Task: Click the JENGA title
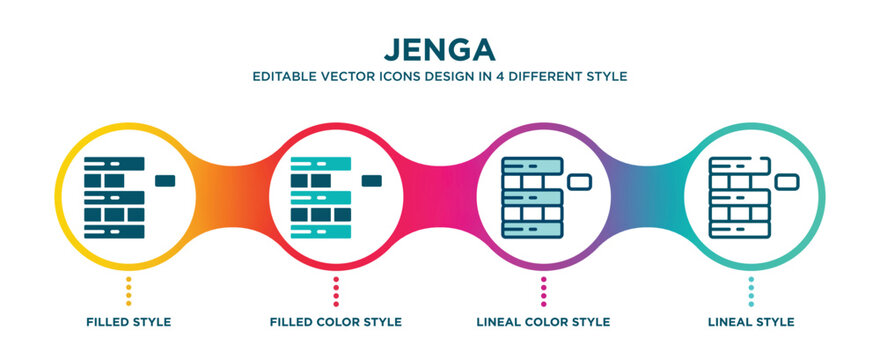point(439,48)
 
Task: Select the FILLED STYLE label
point(127,322)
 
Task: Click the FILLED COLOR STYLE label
point(336,322)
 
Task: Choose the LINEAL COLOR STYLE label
point(544,322)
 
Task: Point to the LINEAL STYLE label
point(752,322)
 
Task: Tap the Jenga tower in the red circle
point(321,197)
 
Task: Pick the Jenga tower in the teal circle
point(741,197)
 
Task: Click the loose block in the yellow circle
point(165,180)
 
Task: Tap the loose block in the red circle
point(372,180)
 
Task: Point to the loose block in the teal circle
point(788,181)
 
